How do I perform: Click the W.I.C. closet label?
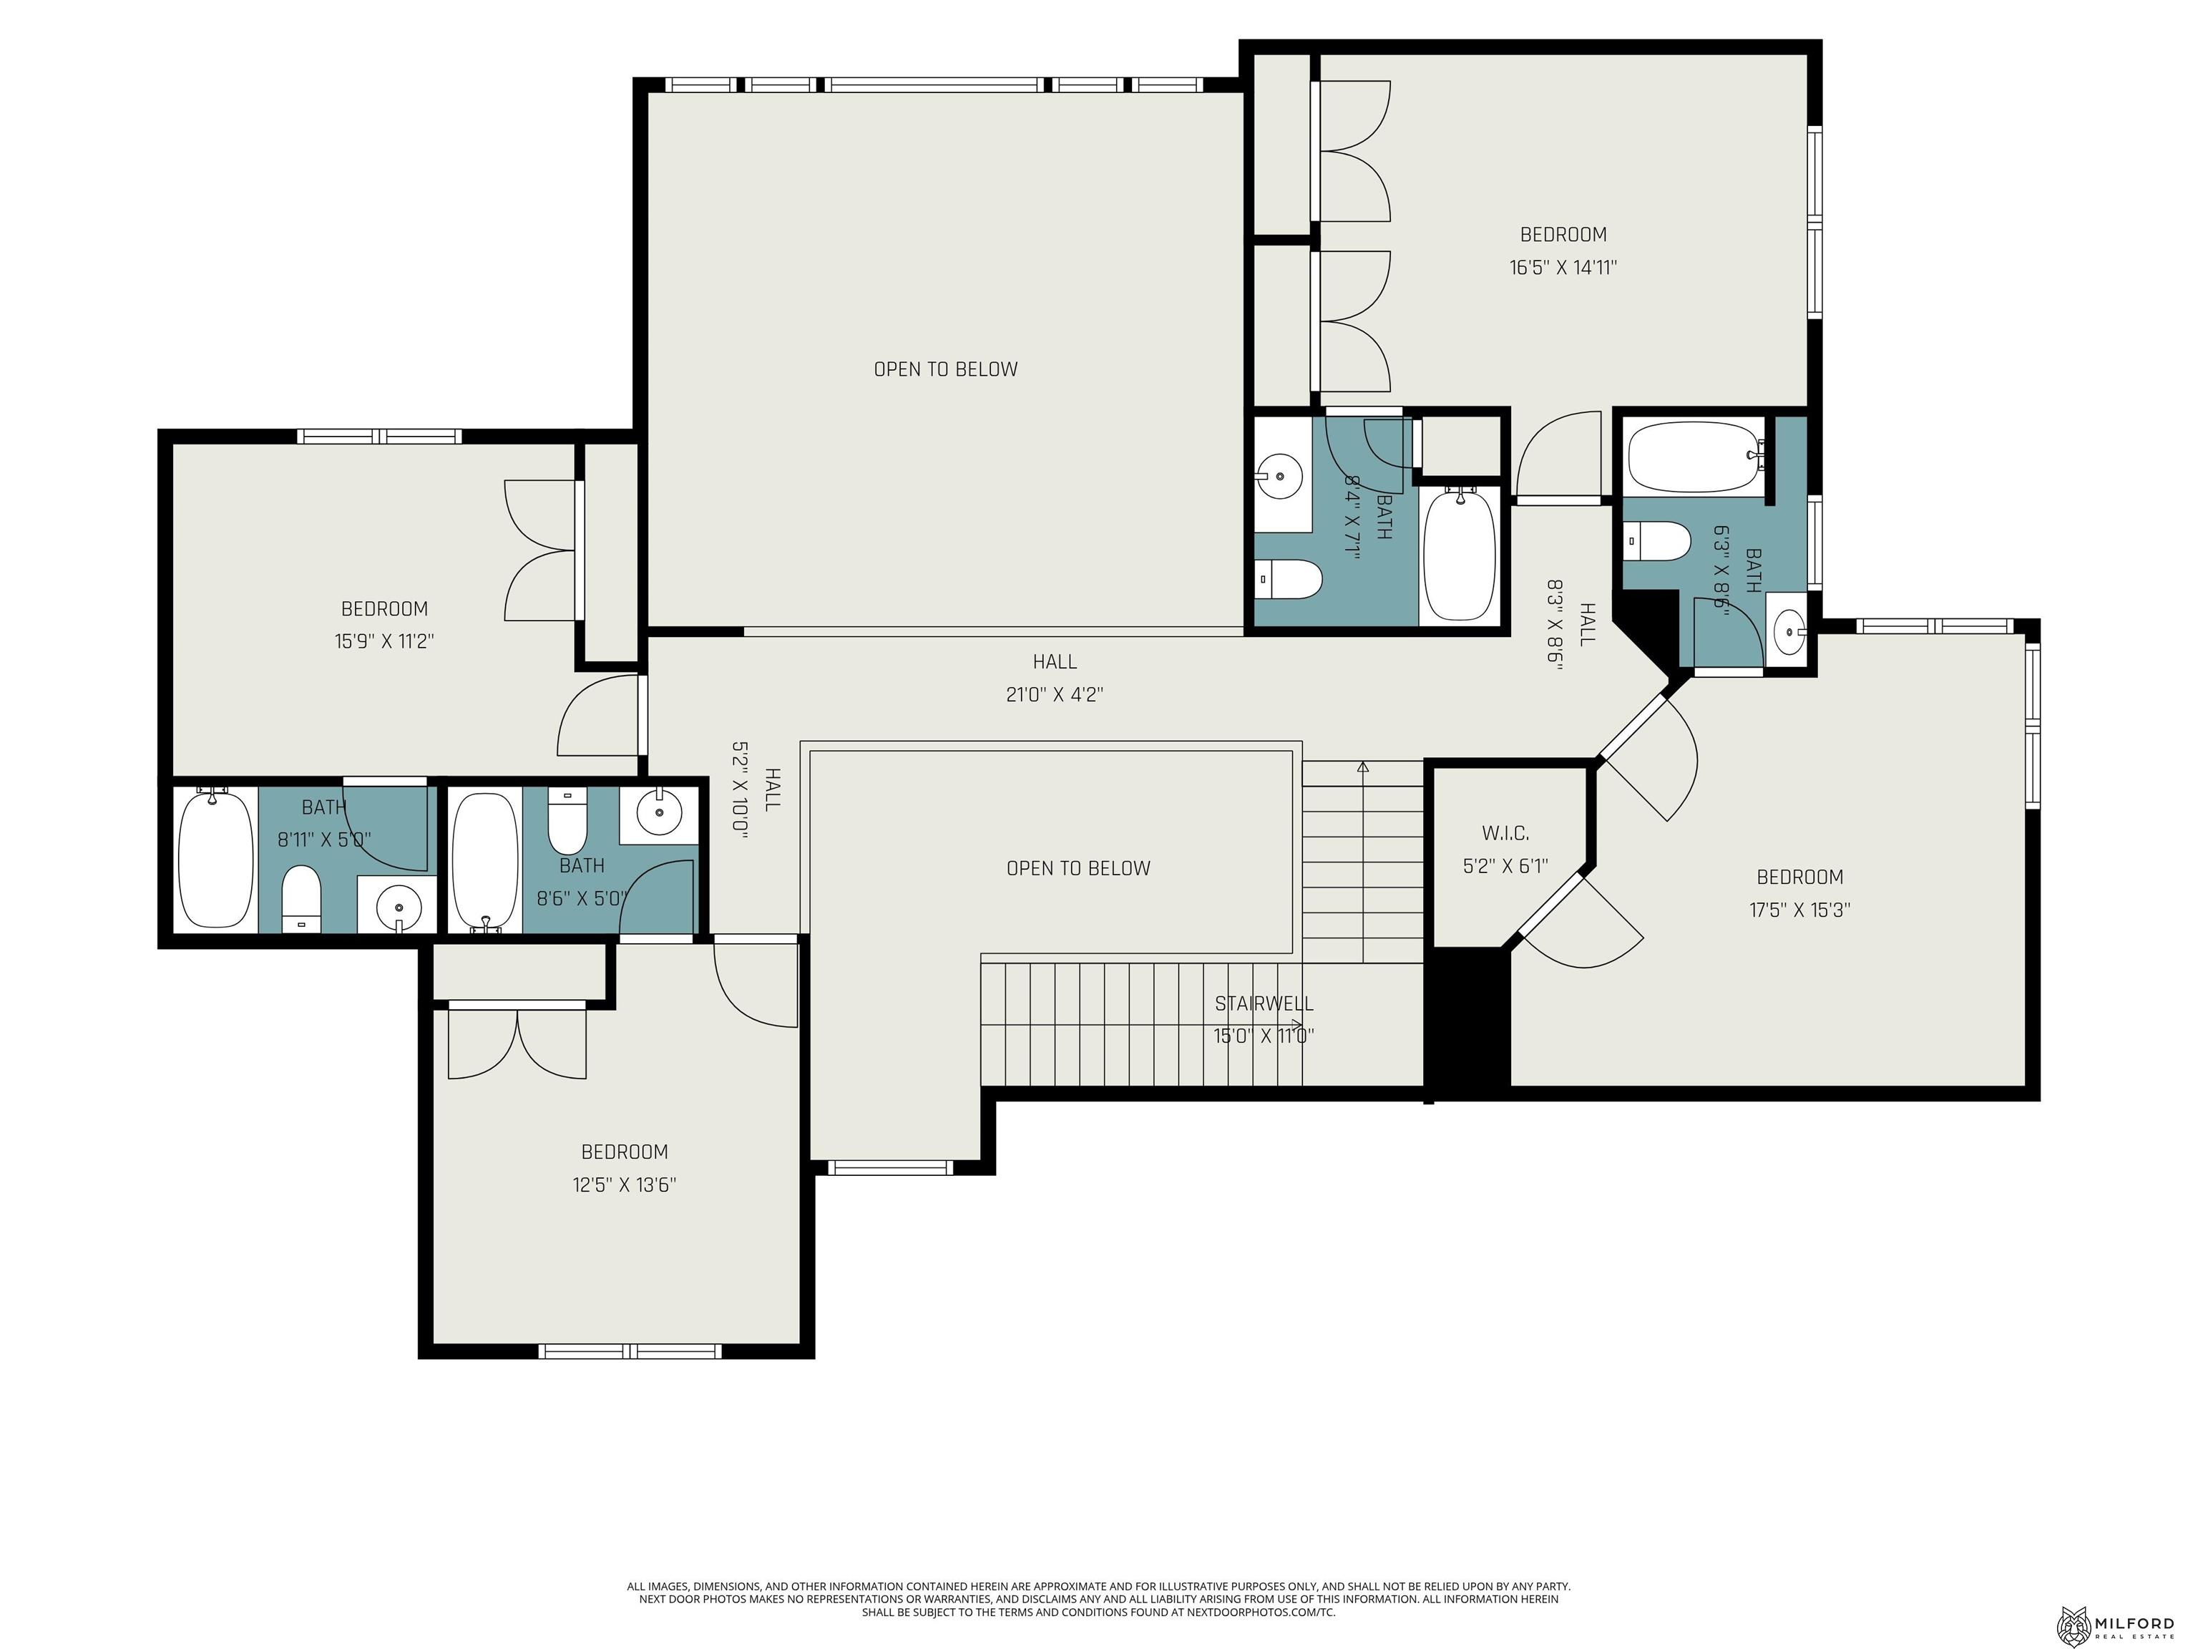(x=1505, y=833)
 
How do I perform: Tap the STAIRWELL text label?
(x=1264, y=1004)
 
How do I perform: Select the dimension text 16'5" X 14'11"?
(x=1563, y=268)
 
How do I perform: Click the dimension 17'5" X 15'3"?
(x=1799, y=910)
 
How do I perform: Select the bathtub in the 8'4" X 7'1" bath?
(x=1459, y=555)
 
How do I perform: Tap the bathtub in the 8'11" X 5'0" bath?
(x=215, y=859)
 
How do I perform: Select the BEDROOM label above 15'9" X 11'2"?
(x=384, y=608)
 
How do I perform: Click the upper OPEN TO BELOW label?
(x=946, y=369)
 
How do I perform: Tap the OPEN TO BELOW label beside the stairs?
(x=1078, y=867)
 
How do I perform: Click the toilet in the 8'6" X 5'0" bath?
(x=567, y=821)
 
